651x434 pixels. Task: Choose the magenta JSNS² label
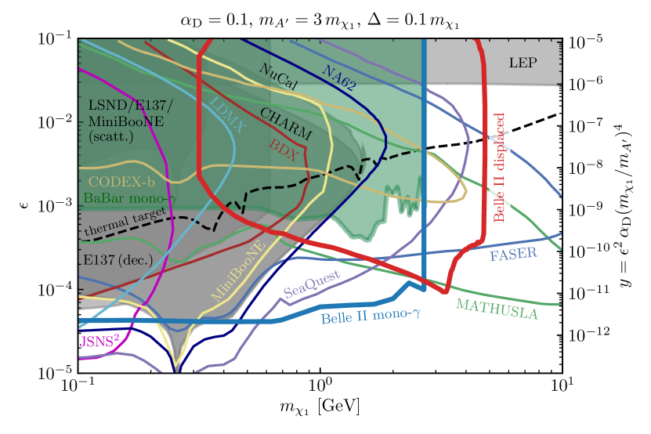click(x=101, y=341)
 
